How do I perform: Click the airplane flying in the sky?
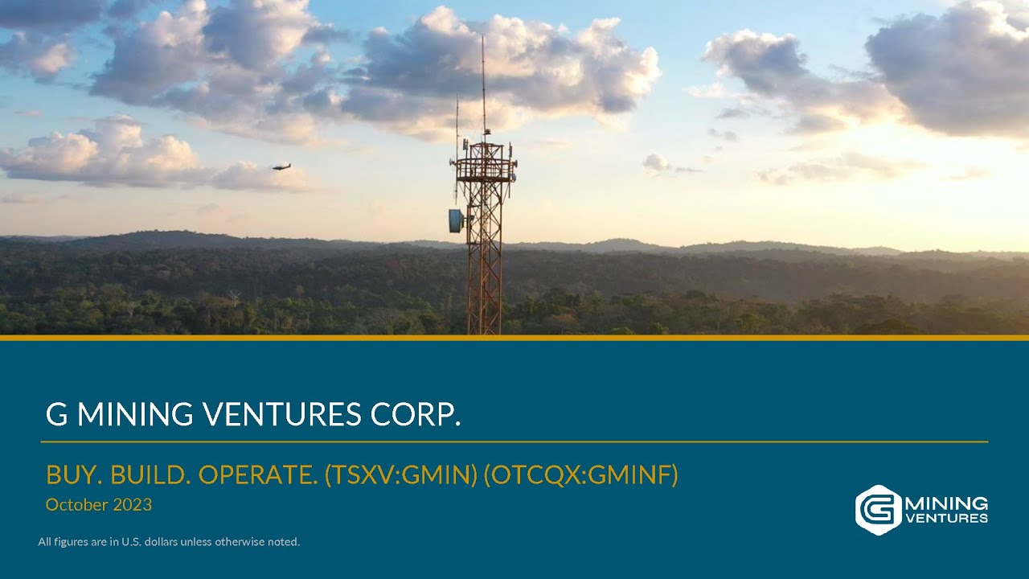pyautogui.click(x=281, y=166)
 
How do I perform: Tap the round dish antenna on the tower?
pyautogui.click(x=456, y=220)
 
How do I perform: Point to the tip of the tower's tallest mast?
pyautogui.click(x=483, y=38)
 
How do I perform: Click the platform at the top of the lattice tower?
pyautogui.click(x=483, y=161)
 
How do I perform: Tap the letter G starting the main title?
pyautogui.click(x=55, y=414)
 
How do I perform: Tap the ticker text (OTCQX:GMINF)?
pyautogui.click(x=581, y=476)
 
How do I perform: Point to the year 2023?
pyautogui.click(x=133, y=505)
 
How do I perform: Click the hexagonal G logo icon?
pyautogui.click(x=878, y=509)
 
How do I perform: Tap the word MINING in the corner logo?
pyautogui.click(x=946, y=503)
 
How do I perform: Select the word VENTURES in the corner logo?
pyautogui.click(x=946, y=519)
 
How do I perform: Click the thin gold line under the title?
pyautogui.click(x=514, y=441)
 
